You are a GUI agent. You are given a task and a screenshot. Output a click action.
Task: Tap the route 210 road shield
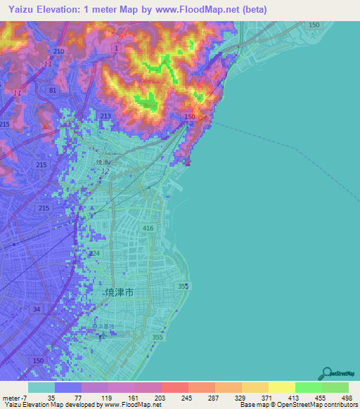tap(58, 52)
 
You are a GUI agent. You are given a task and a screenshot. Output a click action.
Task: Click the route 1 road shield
tap(116, 47)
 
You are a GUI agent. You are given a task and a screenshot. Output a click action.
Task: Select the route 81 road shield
tap(53, 90)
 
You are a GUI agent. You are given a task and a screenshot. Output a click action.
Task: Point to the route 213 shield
tap(106, 117)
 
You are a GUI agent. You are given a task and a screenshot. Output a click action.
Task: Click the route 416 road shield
tap(148, 229)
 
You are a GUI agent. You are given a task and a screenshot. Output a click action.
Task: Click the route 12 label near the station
tap(105, 171)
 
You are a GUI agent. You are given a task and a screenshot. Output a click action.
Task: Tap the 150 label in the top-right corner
tap(314, 25)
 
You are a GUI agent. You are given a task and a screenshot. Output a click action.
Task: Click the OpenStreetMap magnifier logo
tap(326, 373)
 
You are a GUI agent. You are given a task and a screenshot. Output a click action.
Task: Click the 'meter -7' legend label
tap(14, 397)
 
